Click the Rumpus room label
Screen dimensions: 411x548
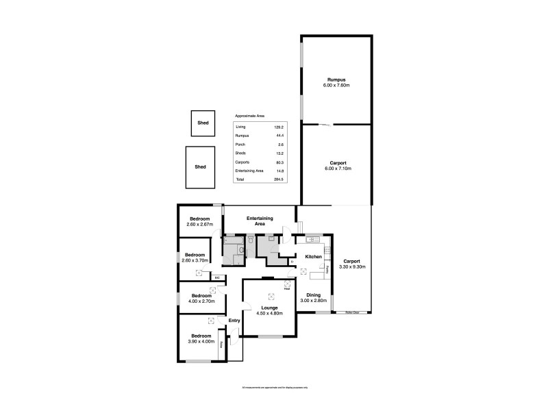pos(336,80)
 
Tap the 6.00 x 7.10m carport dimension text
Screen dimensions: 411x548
pos(336,168)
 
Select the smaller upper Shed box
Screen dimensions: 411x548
pos(203,123)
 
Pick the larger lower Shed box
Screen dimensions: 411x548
pos(200,166)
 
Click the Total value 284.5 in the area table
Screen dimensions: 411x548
pos(278,179)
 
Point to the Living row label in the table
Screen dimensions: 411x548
pos(240,127)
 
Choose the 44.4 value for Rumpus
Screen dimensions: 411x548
pos(279,136)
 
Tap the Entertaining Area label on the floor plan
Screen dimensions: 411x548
pos(260,221)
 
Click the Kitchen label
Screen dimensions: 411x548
pos(314,256)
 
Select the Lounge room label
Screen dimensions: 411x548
pos(269,309)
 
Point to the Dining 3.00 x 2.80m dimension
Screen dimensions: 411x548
pos(313,300)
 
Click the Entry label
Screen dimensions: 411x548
pos(234,321)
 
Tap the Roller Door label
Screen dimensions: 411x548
pos(352,313)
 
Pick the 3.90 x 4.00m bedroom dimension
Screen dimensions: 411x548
pos(201,341)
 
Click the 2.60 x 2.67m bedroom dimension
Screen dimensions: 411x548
pos(200,224)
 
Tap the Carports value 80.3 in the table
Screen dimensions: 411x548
pos(279,162)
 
